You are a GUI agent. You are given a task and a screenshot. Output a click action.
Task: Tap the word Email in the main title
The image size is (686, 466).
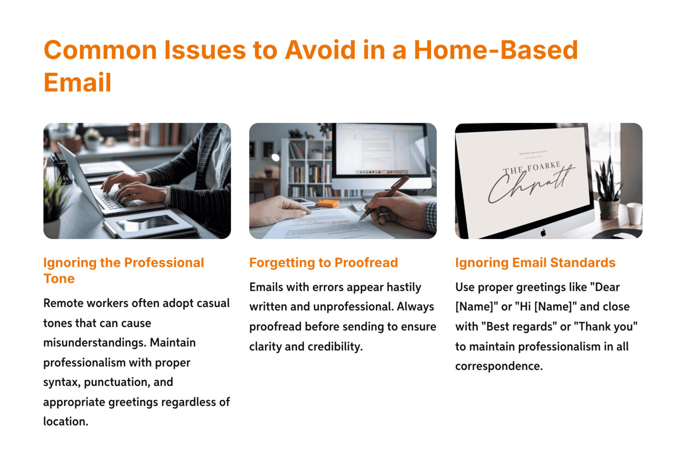click(77, 83)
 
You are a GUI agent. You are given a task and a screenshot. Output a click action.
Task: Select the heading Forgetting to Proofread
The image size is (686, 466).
click(323, 263)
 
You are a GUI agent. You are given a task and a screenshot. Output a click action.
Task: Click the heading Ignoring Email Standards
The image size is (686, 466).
click(535, 263)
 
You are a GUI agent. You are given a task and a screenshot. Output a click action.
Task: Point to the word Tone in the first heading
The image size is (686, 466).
click(59, 279)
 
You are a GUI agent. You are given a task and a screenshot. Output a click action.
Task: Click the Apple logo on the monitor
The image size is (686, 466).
click(543, 232)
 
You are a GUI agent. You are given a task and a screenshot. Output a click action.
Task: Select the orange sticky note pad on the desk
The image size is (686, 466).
click(329, 203)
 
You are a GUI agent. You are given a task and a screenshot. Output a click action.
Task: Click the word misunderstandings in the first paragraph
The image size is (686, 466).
click(94, 343)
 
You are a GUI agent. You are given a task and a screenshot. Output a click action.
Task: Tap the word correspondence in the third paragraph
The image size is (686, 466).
click(498, 366)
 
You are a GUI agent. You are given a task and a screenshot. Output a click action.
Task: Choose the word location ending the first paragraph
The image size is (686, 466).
click(65, 422)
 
